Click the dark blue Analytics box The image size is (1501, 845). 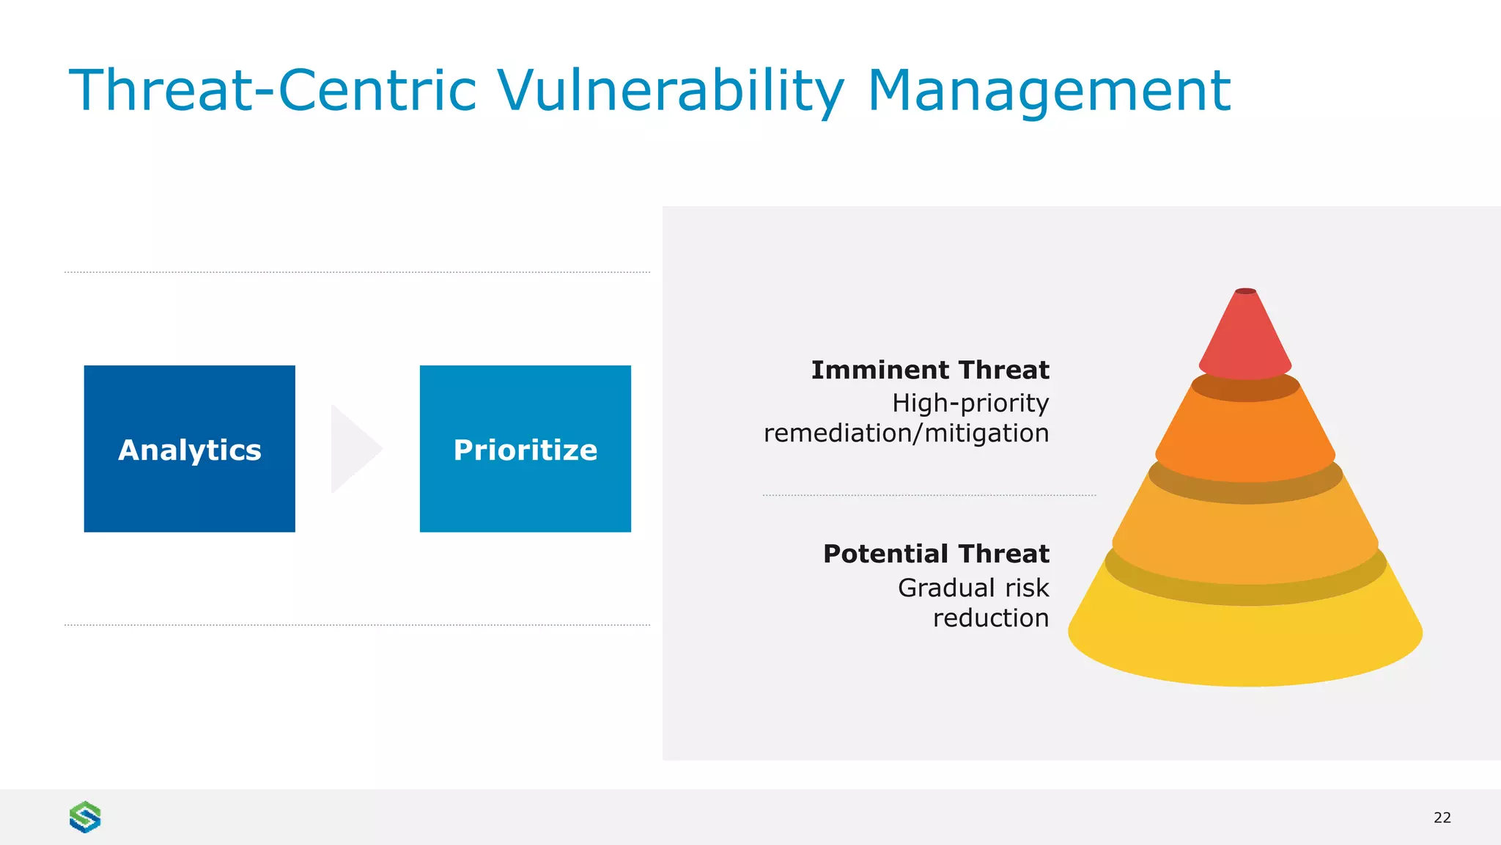[x=189, y=448]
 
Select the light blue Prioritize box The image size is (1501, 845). [x=525, y=448]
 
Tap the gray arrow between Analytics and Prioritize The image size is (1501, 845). [x=354, y=448]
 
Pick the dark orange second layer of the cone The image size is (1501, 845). [x=1245, y=436]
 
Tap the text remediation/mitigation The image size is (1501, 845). [x=906, y=434]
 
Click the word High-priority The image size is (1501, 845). [x=970, y=403]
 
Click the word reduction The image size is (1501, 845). [x=991, y=618]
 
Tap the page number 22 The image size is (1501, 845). [x=1442, y=818]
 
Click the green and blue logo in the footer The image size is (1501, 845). [x=85, y=817]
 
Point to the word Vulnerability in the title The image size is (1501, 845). [x=671, y=91]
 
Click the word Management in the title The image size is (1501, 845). [x=1049, y=91]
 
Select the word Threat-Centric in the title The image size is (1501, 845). [x=273, y=91]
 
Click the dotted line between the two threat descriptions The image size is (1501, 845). [x=929, y=495]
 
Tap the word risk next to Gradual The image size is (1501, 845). [x=1027, y=588]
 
